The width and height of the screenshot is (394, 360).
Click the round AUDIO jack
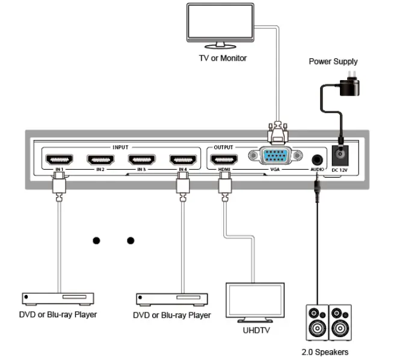tap(316, 160)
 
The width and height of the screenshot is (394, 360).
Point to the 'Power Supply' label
tap(333, 61)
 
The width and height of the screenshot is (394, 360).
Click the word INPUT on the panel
tap(121, 146)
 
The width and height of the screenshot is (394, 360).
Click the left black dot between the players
tap(96, 241)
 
